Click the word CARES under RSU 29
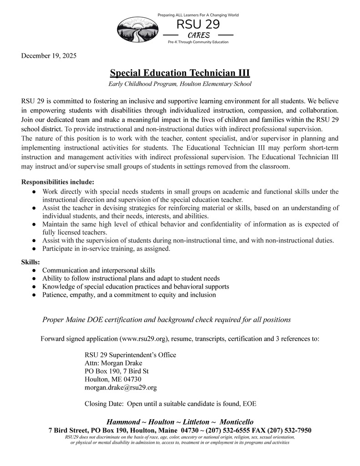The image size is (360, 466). [x=198, y=35]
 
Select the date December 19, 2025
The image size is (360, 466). [x=49, y=56]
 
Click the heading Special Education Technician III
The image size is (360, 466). [x=180, y=73]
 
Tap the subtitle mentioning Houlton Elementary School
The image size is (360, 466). [x=180, y=84]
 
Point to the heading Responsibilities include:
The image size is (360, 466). [x=58, y=182]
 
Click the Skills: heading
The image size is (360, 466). [x=30, y=262]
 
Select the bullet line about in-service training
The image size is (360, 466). [x=106, y=248]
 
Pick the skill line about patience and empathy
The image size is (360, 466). [x=129, y=295]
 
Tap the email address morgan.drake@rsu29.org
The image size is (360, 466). [x=121, y=388]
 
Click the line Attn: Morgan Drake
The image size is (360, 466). [x=113, y=363]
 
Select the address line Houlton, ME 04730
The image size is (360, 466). [x=113, y=380]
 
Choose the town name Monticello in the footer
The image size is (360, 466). [x=233, y=422]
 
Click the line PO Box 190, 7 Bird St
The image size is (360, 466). [x=117, y=371]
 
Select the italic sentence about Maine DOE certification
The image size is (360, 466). [x=167, y=319]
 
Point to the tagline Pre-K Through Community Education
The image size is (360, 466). [x=198, y=42]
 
